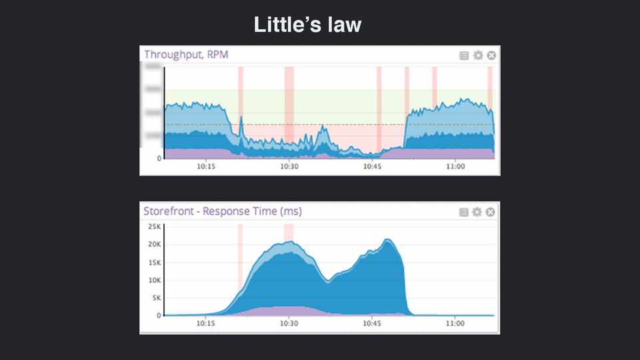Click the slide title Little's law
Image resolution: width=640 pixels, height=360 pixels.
pos(307,25)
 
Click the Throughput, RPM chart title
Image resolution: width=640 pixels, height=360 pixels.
pos(186,55)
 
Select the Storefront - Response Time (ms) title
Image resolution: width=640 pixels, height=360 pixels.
pos(223,211)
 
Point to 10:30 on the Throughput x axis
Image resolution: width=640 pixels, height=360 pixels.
pos(289,166)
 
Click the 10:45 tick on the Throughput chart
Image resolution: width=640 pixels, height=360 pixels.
pos(372,166)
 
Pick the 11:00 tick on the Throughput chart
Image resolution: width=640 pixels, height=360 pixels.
pos(455,166)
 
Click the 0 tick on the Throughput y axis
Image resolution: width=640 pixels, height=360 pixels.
pos(159,159)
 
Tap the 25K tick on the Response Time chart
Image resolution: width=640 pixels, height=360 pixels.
pos(154,227)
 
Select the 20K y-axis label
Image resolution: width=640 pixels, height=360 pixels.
pos(154,245)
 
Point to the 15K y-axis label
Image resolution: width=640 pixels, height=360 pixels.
pos(154,263)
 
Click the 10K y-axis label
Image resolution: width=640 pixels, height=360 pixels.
pos(154,280)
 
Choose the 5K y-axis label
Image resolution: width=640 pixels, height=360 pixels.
pos(156,298)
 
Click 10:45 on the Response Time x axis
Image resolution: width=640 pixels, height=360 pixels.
pos(372,323)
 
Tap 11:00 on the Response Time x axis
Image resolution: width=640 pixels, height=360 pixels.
pos(455,323)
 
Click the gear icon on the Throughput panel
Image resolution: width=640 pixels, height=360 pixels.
pos(477,55)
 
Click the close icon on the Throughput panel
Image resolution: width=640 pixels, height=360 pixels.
pos(491,55)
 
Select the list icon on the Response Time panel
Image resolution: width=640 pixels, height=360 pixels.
pos(464,212)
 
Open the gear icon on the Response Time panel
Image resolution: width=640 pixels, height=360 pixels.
pos(477,212)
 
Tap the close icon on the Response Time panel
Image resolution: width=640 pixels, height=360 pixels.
pos(491,212)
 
